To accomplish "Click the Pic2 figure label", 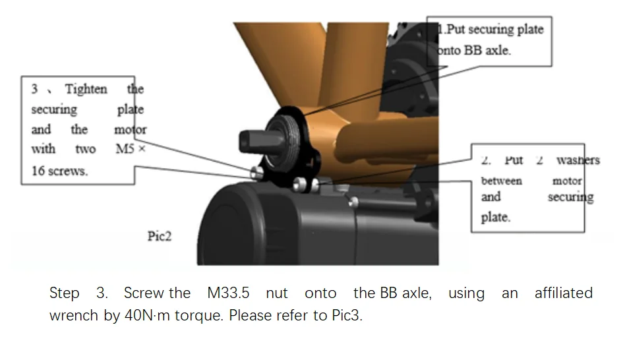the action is [x=160, y=236].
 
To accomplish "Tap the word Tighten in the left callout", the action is [x=86, y=89].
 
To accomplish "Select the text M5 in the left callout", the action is [x=125, y=149].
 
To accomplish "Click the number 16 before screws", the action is [x=38, y=171].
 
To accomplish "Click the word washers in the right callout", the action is [x=578, y=160].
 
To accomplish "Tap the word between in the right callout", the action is [x=502, y=181].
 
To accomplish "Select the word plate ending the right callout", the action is [x=496, y=218].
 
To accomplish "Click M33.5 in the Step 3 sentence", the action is [x=228, y=293].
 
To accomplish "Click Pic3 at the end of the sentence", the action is [x=347, y=315].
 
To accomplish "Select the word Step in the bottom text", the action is [x=64, y=293].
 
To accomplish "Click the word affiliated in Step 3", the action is [x=564, y=293].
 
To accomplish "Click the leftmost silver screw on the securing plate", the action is [x=256, y=173].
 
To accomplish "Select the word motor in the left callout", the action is [x=131, y=130].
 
